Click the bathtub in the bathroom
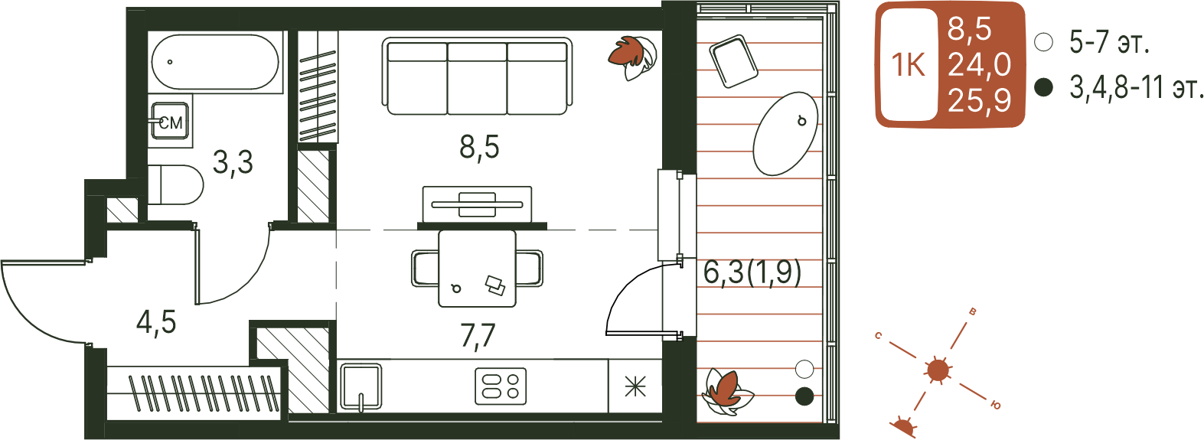(x=215, y=62)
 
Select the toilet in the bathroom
(x=175, y=185)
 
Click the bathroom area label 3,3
(x=233, y=162)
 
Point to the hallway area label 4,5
(x=156, y=323)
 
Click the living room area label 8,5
(x=479, y=147)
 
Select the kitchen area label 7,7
(x=478, y=337)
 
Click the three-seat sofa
(x=477, y=76)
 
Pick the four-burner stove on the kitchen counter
(x=501, y=386)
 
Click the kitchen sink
(x=361, y=386)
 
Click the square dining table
(x=477, y=269)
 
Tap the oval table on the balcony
(x=785, y=134)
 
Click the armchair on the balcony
(x=734, y=60)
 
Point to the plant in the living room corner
(x=633, y=57)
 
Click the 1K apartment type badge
(x=909, y=64)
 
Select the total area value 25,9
(x=979, y=100)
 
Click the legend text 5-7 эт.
(x=1109, y=42)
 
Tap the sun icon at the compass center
(x=938, y=370)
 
